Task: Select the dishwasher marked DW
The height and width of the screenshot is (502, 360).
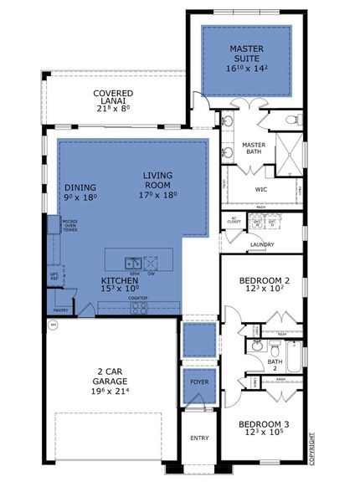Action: point(151,262)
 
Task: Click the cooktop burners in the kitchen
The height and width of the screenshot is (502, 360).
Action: point(138,307)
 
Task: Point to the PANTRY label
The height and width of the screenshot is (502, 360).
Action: point(57,289)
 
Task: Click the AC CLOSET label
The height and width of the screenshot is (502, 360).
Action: point(234,222)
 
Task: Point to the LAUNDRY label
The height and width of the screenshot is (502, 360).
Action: point(261,244)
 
